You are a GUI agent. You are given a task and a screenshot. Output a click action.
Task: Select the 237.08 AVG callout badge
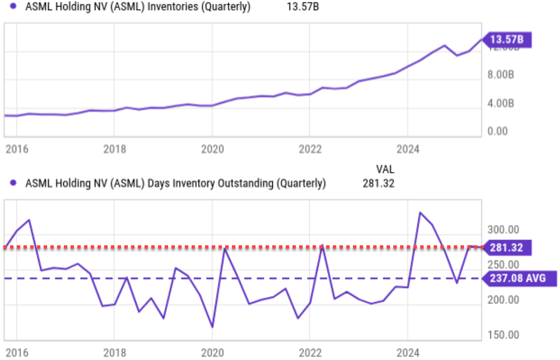pos(518,278)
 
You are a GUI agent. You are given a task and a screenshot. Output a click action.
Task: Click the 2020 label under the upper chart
pos(213,149)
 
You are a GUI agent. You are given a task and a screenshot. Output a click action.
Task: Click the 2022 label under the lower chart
pos(310,353)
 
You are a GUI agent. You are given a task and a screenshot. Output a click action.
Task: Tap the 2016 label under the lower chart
pos(17,353)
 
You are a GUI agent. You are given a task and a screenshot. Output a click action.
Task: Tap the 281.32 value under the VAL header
pos(379,183)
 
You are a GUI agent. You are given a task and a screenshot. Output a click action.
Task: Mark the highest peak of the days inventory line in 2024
pos(420,212)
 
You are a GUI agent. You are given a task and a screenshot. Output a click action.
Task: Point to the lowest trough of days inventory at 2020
pos(212,327)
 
